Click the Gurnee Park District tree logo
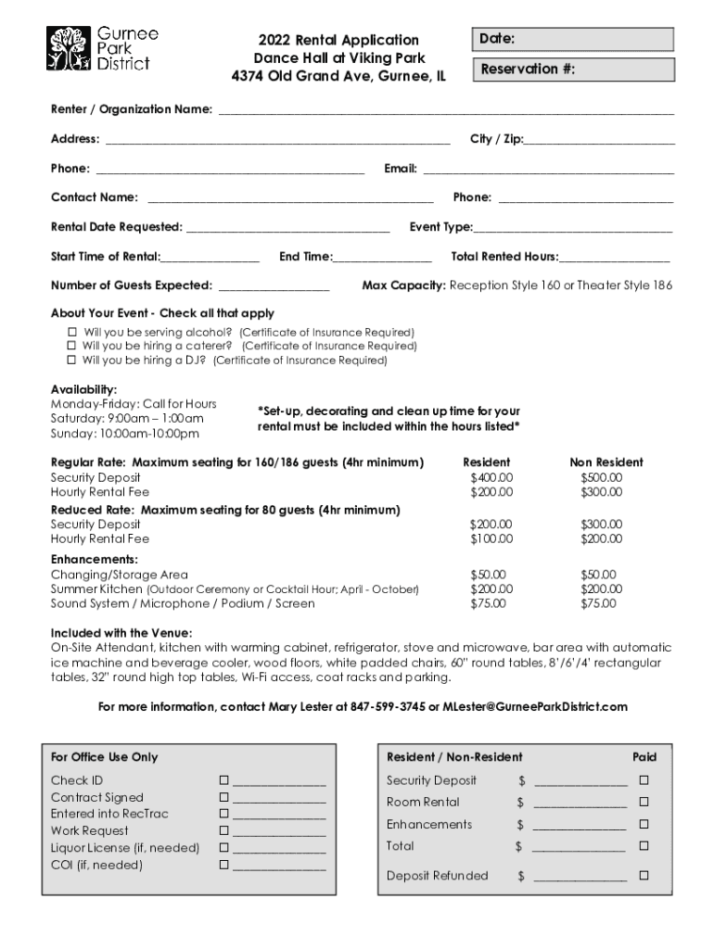click(70, 48)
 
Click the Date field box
click(572, 39)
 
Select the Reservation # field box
click(572, 69)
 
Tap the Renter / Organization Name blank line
click(445, 110)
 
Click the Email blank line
click(547, 169)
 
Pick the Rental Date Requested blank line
click(287, 227)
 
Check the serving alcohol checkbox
click(71, 332)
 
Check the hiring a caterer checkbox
click(71, 346)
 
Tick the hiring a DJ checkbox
click(71, 361)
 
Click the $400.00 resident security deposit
click(491, 477)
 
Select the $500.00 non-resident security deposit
click(602, 477)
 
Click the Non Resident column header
click(606, 462)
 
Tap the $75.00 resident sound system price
click(489, 603)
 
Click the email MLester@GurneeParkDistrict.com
click(535, 707)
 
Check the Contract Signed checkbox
click(223, 797)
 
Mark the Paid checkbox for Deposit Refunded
click(644, 875)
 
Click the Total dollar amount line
click(580, 846)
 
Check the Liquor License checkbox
click(223, 847)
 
